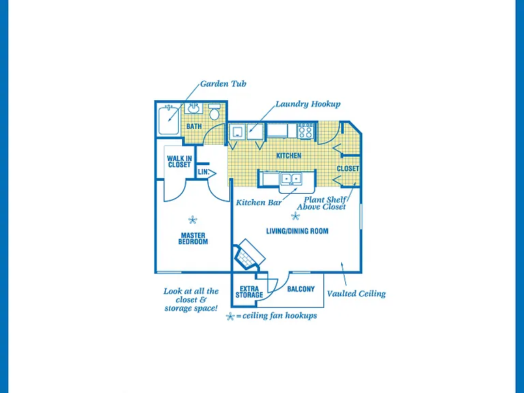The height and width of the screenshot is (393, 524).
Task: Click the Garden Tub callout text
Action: pos(223,83)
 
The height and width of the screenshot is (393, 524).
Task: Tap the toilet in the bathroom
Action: pos(214,112)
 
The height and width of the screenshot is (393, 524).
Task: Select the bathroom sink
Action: pos(194,108)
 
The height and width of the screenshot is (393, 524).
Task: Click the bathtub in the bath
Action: pos(169,120)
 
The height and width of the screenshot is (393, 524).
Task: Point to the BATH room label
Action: pos(194,126)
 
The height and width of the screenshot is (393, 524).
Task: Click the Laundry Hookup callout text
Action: pos(308,104)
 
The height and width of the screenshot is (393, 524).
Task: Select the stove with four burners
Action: pos(306,131)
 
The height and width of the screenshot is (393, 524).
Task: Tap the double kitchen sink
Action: pos(291,179)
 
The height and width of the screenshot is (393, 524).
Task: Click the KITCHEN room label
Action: pos(289,156)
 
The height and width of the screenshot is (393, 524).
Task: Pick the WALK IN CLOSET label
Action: pos(179,162)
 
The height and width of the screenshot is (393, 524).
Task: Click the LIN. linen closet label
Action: pos(203,173)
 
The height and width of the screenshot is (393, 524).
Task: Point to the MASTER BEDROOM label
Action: pos(193,239)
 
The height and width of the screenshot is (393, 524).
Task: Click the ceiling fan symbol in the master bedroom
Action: pos(192,220)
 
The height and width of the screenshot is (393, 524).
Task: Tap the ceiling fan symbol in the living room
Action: pos(295,216)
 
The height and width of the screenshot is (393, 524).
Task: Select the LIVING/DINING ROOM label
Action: pos(297,231)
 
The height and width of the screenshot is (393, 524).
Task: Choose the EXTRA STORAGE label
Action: pos(249,292)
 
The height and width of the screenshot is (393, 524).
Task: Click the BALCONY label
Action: pos(301,289)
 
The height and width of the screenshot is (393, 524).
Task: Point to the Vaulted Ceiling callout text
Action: pos(356,294)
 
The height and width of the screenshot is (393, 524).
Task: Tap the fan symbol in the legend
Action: pos(230,317)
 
